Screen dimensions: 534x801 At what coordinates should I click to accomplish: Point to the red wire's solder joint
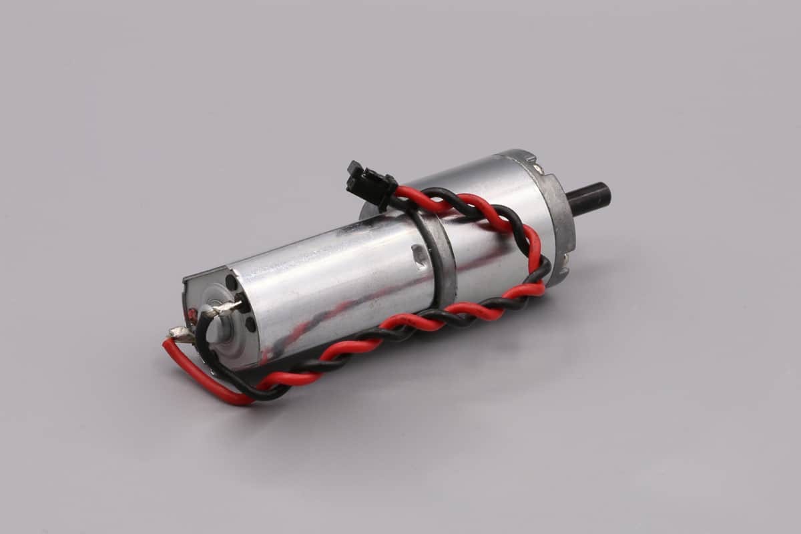click(x=180, y=332)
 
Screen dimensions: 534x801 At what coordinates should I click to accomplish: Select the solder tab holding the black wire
click(x=223, y=308)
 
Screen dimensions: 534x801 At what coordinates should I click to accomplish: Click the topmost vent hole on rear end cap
click(x=231, y=282)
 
